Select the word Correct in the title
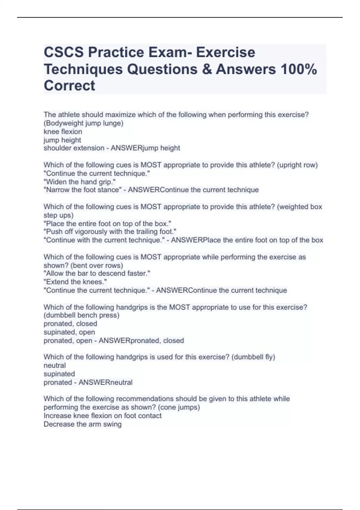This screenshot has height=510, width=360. [69, 86]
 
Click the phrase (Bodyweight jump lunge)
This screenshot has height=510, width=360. [83, 123]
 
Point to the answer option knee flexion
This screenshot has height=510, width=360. [63, 131]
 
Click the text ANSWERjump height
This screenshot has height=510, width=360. [145, 148]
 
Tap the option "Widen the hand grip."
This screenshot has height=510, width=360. [79, 181]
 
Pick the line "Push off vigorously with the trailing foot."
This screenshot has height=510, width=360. [110, 232]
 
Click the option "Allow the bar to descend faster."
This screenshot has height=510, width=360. [97, 273]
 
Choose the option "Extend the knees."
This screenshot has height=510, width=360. [75, 282]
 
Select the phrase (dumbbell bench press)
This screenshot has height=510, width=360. [82, 315]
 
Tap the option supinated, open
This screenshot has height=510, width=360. [69, 332]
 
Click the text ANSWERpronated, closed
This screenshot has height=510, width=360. [141, 340]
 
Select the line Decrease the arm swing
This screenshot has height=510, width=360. [82, 424]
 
